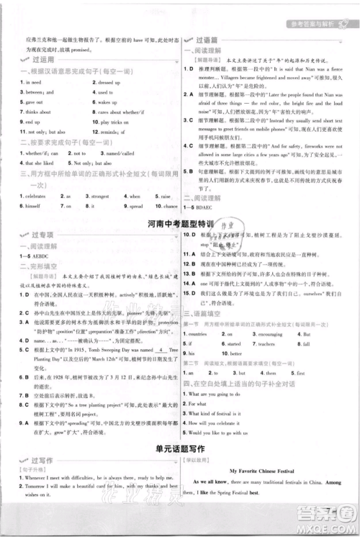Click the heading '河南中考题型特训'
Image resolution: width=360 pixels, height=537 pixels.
click(x=179, y=224)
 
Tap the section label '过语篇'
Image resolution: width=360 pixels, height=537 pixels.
click(x=209, y=41)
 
